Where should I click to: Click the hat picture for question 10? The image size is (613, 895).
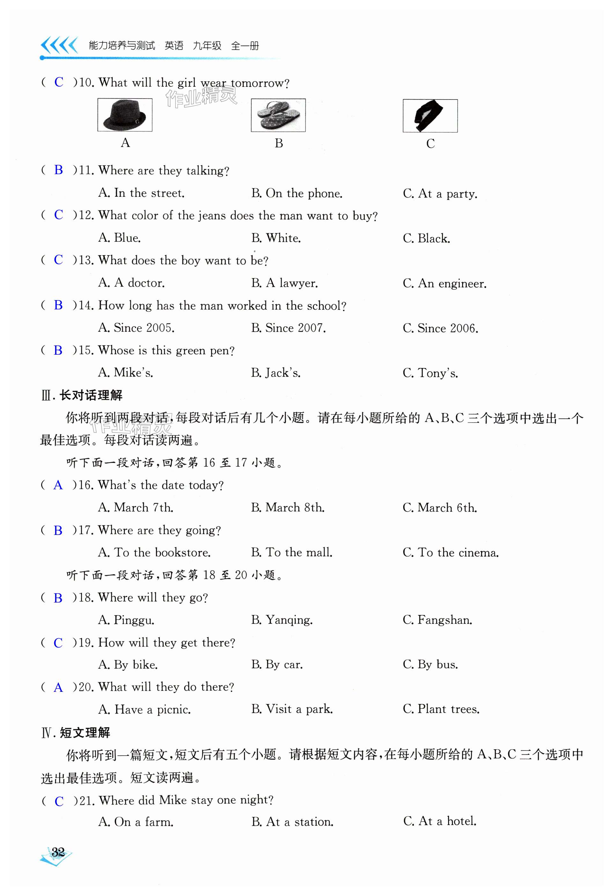coord(125,115)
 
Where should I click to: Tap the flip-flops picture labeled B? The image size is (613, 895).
coord(278,115)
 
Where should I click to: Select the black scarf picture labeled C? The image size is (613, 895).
coord(430,116)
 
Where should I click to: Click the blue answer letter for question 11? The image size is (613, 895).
coord(59,170)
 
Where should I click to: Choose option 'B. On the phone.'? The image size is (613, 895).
coord(297,193)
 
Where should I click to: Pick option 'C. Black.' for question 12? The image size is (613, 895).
coord(426,238)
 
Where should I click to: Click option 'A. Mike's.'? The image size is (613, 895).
coord(126,373)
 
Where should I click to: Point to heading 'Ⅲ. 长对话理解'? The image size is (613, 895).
coord(82,395)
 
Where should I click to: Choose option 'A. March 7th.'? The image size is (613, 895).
coord(136,507)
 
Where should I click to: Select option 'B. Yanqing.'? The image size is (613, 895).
coord(282,620)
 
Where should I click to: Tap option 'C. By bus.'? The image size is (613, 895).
coord(430,664)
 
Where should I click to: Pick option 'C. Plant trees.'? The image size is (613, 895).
coord(441,709)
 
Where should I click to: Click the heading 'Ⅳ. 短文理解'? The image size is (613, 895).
coord(76,732)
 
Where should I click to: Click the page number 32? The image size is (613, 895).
coord(58,852)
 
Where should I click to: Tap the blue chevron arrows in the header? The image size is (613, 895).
coord(59,45)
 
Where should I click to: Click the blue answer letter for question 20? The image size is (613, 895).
coord(58,687)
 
